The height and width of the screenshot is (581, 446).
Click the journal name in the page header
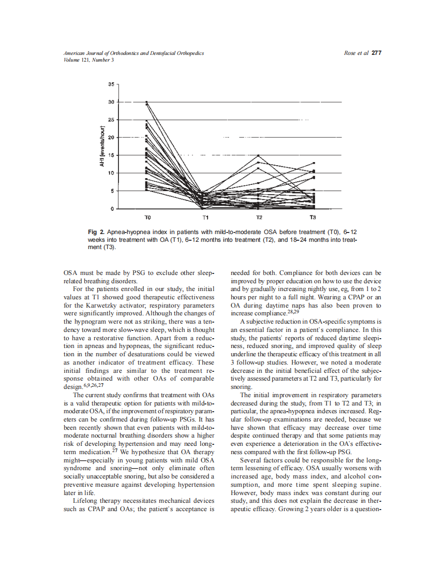point(133,53)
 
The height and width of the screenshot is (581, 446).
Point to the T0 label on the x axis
point(147,217)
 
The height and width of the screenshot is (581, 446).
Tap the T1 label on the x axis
point(205,217)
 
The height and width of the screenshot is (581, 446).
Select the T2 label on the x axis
point(259,217)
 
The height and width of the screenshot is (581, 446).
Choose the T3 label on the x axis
point(313,217)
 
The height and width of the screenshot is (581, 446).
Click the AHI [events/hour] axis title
point(102,146)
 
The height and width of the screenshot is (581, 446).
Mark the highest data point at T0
point(147,103)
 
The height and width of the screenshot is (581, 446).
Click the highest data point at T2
point(259,155)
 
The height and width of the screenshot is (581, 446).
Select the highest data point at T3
point(313,163)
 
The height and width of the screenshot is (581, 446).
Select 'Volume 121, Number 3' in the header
point(88,60)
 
